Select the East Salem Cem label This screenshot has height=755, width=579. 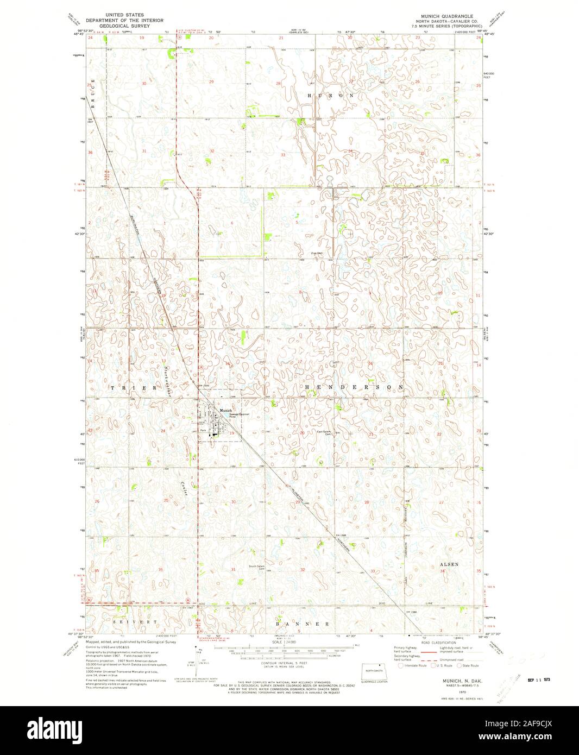[x=324, y=433]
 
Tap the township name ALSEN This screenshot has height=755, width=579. [x=449, y=564]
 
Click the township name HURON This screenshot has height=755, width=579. [x=331, y=95]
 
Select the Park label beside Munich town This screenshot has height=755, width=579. [x=203, y=430]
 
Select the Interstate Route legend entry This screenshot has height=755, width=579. [x=414, y=665]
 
